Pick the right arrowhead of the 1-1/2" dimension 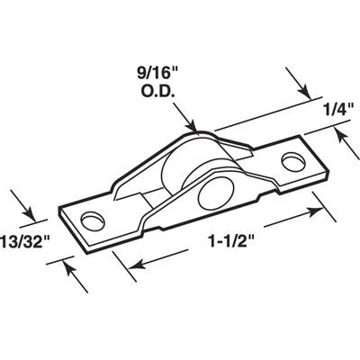320,209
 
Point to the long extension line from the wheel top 252,112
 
